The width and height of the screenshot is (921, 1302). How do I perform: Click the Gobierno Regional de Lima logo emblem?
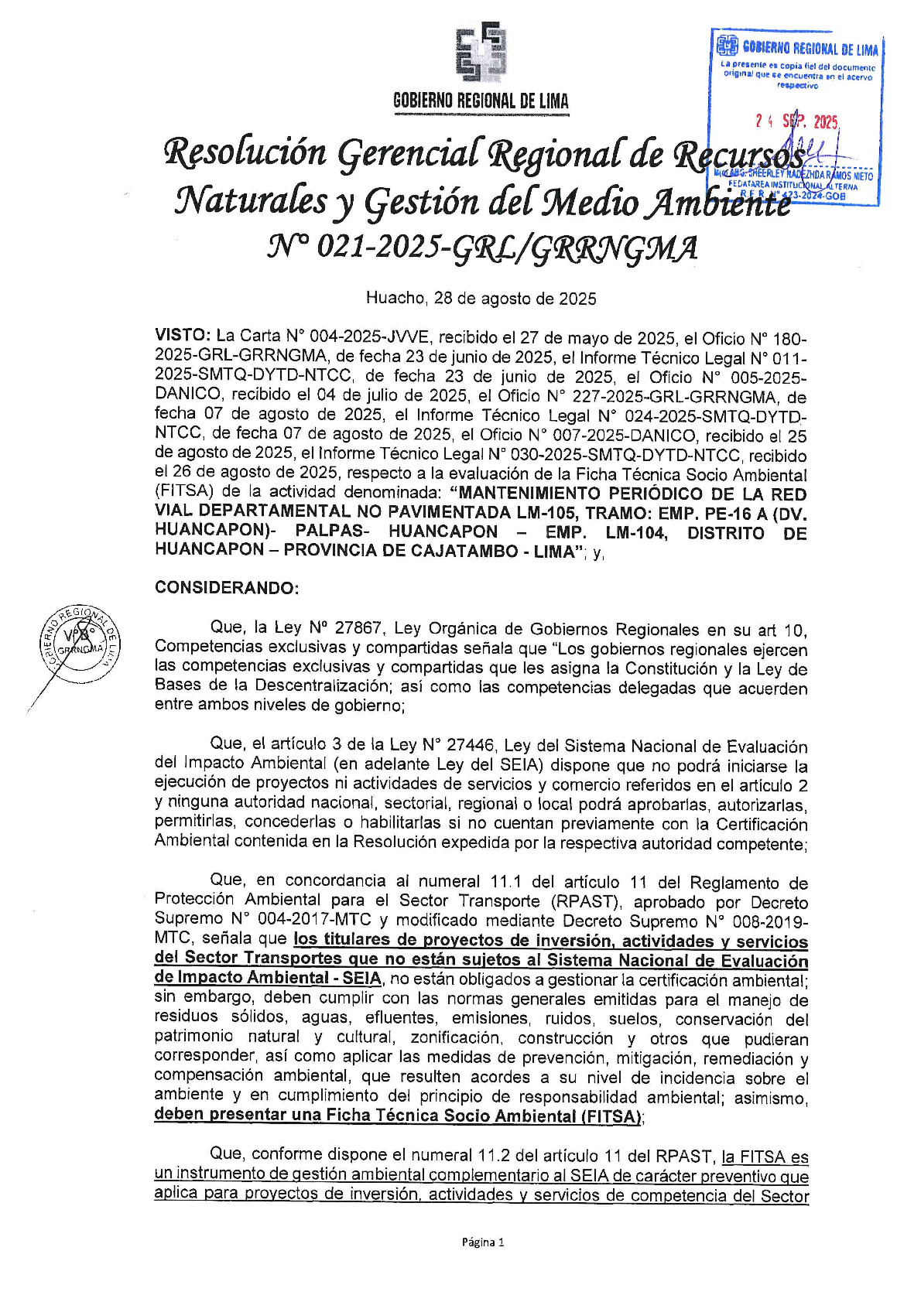click(x=481, y=53)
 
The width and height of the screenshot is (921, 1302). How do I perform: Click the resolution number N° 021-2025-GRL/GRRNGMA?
click(x=481, y=248)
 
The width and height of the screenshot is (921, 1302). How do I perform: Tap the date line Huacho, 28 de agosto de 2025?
click(x=481, y=299)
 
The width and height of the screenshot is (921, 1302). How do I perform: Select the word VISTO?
click(x=182, y=336)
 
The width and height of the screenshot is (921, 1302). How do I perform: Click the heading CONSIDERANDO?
click(x=226, y=588)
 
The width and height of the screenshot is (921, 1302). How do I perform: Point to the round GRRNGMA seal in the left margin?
click(x=80, y=642)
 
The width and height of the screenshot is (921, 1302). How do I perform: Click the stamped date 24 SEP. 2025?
click(x=797, y=121)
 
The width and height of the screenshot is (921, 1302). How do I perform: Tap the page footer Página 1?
click(x=482, y=1242)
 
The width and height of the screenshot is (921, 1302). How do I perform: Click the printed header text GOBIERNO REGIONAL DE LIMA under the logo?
click(x=481, y=101)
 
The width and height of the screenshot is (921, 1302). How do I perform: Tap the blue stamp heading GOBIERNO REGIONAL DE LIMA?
click(x=810, y=50)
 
